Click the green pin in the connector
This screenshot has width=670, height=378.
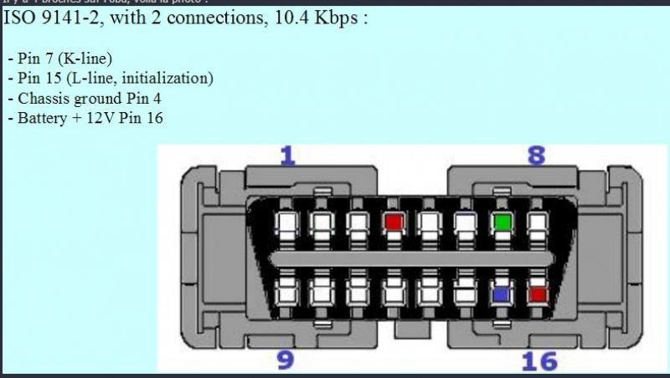click(x=502, y=222)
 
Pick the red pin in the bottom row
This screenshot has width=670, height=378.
click(x=539, y=294)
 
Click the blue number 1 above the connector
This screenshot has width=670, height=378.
click(x=288, y=156)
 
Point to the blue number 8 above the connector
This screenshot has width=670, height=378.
click(x=536, y=156)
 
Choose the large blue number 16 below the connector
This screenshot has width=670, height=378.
click(x=539, y=360)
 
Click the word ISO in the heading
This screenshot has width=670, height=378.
click(x=20, y=19)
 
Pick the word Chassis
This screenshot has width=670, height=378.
click(x=39, y=99)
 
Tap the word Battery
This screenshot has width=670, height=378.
click(x=39, y=119)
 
